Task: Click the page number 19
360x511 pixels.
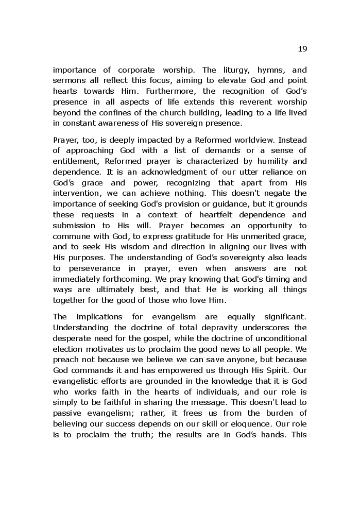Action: pyautogui.click(x=302, y=49)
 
